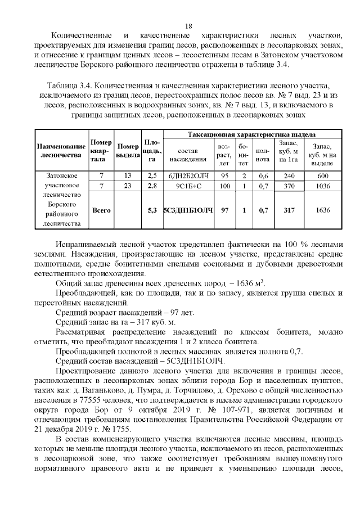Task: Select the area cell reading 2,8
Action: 151,186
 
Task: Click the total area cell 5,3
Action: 151,210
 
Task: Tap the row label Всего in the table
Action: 101,210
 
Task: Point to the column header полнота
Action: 263,155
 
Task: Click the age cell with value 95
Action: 224,175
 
